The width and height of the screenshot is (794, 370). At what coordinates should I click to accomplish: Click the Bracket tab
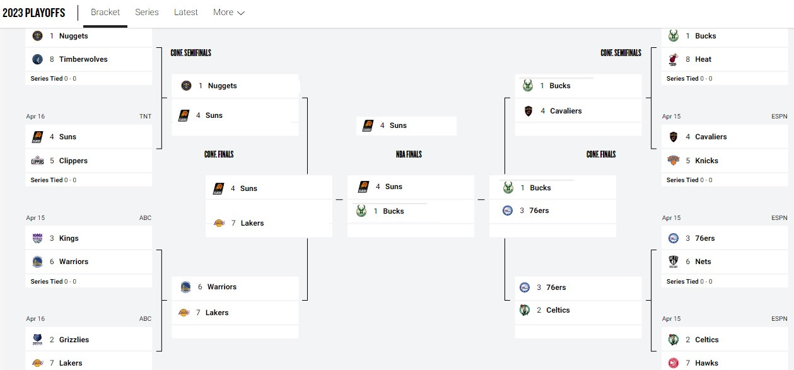(105, 13)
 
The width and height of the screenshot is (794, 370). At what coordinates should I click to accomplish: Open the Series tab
(147, 13)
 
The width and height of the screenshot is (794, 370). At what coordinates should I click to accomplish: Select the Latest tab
(186, 13)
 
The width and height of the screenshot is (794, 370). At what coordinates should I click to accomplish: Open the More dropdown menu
(229, 13)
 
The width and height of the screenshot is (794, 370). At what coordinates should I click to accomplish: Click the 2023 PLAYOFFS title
(33, 13)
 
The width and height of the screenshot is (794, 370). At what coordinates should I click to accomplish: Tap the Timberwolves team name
(83, 59)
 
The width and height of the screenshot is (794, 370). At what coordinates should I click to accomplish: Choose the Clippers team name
(73, 161)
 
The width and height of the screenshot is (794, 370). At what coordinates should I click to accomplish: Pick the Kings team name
(69, 238)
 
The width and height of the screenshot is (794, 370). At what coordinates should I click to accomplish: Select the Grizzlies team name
(74, 340)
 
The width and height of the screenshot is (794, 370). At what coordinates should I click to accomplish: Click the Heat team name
(703, 59)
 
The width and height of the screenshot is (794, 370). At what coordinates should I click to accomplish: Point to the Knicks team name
(706, 161)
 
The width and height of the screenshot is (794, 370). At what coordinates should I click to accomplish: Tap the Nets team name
(703, 262)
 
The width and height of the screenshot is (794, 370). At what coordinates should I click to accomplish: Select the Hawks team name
(706, 363)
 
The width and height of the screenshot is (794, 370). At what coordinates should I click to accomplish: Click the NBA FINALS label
(409, 154)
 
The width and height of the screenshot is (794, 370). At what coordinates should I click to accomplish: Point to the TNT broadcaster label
(145, 116)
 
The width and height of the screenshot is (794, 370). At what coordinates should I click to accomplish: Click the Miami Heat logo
(673, 59)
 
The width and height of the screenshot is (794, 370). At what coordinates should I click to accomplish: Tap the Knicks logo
(673, 160)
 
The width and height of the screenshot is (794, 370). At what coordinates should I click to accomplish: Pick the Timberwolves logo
(38, 59)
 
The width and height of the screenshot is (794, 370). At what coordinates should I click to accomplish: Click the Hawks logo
(673, 363)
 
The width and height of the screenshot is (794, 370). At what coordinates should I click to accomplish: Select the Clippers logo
(38, 161)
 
